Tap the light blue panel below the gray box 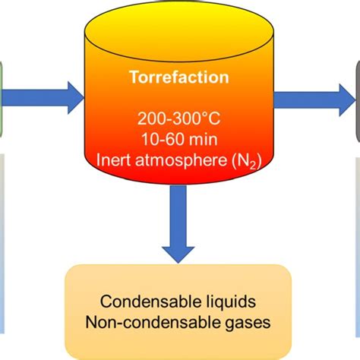pyautogui.click(x=357, y=243)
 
